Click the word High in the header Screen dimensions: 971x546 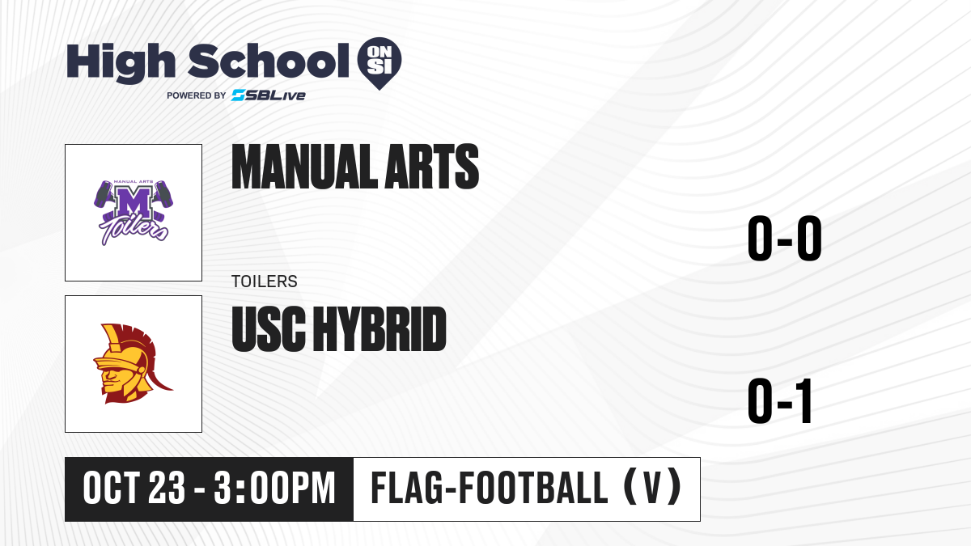click(x=121, y=62)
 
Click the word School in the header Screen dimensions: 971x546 click(x=269, y=61)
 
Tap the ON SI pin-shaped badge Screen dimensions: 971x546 click(x=379, y=63)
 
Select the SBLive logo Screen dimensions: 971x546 click(x=269, y=95)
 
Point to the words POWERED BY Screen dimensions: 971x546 click(x=197, y=95)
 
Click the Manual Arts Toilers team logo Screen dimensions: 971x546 click(x=134, y=213)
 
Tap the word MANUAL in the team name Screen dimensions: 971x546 click(x=304, y=167)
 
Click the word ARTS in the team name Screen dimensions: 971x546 click(x=432, y=167)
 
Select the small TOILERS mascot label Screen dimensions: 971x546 click(x=265, y=281)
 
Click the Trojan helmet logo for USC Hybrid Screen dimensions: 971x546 click(x=132, y=363)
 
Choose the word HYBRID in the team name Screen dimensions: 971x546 click(x=380, y=328)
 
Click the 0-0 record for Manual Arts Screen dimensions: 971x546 click(x=785, y=238)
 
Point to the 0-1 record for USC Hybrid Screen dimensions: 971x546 click(x=780, y=401)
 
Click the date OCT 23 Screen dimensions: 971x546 click(x=134, y=489)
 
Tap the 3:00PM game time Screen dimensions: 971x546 click(x=275, y=489)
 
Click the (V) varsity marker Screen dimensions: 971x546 click(x=652, y=488)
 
